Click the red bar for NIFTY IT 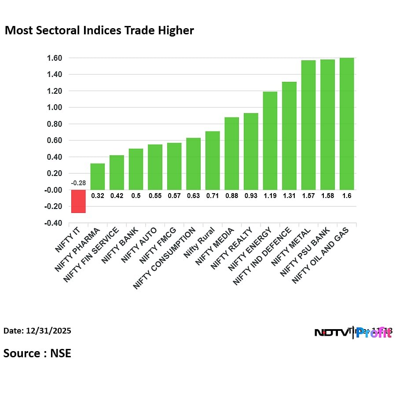[78, 201]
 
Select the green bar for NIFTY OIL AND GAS [347, 124]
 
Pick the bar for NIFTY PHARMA [98, 176]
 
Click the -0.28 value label [78, 183]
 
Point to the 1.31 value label [289, 196]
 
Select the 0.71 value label [213, 196]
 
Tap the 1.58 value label [327, 196]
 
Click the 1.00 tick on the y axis [55, 107]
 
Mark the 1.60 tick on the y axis [55, 58]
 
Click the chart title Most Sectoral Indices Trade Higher [99, 31]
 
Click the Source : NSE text [37, 353]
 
